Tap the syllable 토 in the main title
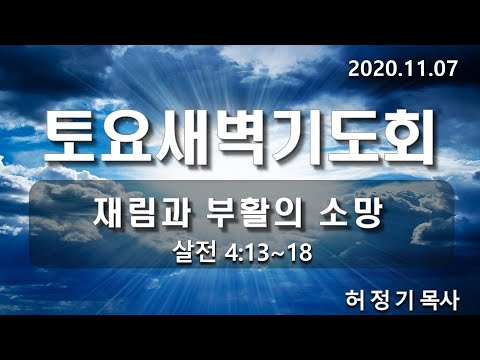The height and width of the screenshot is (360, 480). [x=76, y=138]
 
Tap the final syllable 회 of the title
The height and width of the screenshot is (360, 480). [x=409, y=138]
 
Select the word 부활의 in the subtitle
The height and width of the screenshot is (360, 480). [x=260, y=214]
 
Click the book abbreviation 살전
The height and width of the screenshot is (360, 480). [x=191, y=251]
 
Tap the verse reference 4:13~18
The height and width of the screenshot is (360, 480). [x=267, y=251]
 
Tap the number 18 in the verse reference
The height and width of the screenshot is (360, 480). [x=297, y=251]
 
